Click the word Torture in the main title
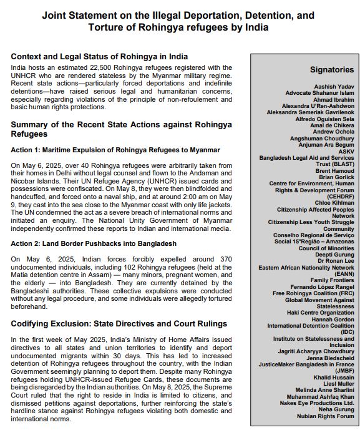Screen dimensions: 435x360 (105, 27)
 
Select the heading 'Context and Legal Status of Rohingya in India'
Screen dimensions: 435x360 (99, 57)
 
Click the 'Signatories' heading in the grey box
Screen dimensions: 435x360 (331, 70)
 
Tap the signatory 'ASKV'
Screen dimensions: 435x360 (346, 151)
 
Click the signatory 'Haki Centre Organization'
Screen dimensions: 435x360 (319, 313)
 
